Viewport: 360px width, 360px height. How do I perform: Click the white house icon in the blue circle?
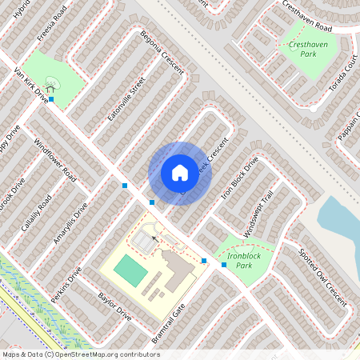(x=180, y=172)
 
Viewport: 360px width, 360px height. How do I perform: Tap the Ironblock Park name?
(x=239, y=261)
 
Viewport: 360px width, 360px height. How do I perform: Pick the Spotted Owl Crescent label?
(x=322, y=277)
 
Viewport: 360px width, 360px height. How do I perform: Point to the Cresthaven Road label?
(x=318, y=15)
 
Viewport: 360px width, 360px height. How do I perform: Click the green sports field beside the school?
(x=130, y=270)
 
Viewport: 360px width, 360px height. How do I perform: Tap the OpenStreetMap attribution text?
(x=80, y=354)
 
